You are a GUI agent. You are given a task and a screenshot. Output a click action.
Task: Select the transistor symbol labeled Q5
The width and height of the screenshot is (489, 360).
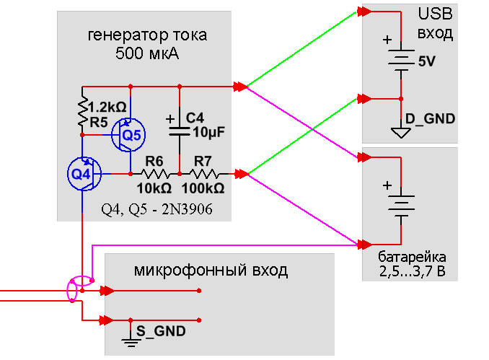[x=131, y=135]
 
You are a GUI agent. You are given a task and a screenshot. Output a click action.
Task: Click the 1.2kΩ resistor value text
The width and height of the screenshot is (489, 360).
[x=105, y=107]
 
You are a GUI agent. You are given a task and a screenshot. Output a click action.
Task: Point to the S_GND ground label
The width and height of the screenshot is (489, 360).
[x=162, y=331]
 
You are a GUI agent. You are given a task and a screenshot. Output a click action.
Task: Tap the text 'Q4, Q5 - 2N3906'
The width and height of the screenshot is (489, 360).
[x=156, y=211]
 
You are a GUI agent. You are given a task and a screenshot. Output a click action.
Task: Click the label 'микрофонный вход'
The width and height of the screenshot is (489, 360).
[x=211, y=271]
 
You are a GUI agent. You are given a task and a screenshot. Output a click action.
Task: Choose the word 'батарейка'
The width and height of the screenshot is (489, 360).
[x=412, y=258]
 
